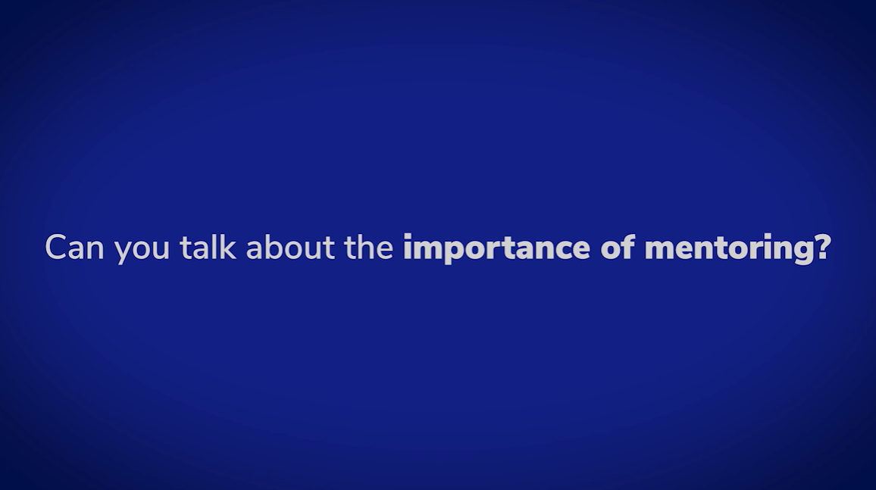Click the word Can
click(74, 247)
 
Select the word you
click(142, 251)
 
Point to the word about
click(290, 246)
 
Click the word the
click(369, 246)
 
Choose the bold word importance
click(496, 248)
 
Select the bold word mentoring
click(730, 249)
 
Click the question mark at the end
click(824, 247)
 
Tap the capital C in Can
click(55, 247)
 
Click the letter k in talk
click(227, 247)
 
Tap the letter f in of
click(628, 247)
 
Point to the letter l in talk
click(214, 247)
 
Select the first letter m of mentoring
click(660, 251)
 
